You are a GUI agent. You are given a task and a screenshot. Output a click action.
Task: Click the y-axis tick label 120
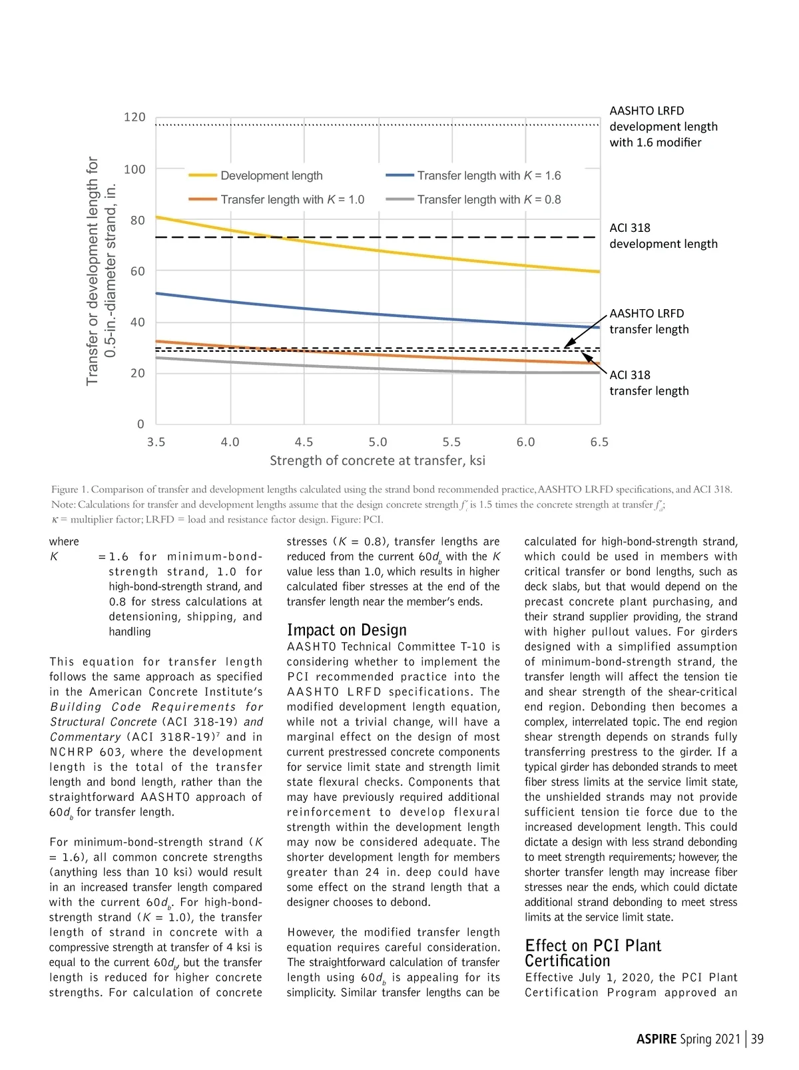pyautogui.click(x=134, y=117)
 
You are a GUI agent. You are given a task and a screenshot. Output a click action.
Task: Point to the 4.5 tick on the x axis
pyautogui.click(x=304, y=442)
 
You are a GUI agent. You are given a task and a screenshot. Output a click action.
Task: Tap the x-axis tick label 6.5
pyautogui.click(x=599, y=442)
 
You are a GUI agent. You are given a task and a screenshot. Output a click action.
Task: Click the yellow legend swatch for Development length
pyautogui.click(x=202, y=175)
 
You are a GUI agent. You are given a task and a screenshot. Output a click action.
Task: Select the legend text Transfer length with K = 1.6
pyautogui.click(x=489, y=176)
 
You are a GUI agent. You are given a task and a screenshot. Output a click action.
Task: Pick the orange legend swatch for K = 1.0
pyautogui.click(x=202, y=199)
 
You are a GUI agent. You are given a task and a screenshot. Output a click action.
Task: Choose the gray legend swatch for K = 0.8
pyautogui.click(x=400, y=199)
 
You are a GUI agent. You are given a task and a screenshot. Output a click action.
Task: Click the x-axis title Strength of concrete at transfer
pyautogui.click(x=378, y=461)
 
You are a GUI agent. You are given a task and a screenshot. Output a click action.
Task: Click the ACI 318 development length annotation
pyautogui.click(x=663, y=236)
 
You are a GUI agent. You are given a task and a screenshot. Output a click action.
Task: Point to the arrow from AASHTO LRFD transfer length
pyautogui.click(x=586, y=329)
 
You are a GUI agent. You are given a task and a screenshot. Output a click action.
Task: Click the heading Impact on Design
pyautogui.click(x=346, y=630)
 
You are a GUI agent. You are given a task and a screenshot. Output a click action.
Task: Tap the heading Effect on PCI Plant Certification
pyautogui.click(x=593, y=953)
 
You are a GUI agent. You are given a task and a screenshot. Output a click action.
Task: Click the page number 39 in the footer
pyautogui.click(x=757, y=1039)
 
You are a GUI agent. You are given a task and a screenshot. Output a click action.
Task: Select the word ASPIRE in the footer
pyautogui.click(x=657, y=1039)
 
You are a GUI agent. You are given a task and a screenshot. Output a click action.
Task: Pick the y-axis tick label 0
pyautogui.click(x=140, y=424)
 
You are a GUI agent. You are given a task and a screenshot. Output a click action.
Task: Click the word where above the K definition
pyautogui.click(x=64, y=542)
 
